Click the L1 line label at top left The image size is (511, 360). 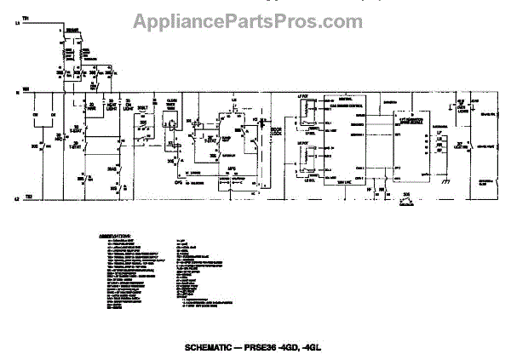coord(16,31)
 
